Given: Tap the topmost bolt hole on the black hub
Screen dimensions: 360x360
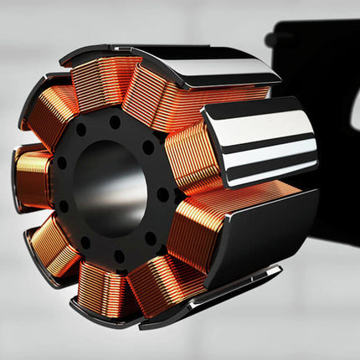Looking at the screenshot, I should (115, 121).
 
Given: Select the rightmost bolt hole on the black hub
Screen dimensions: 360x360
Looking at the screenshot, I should (162, 194).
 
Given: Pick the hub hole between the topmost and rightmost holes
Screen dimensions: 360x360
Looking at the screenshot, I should (148, 147).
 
